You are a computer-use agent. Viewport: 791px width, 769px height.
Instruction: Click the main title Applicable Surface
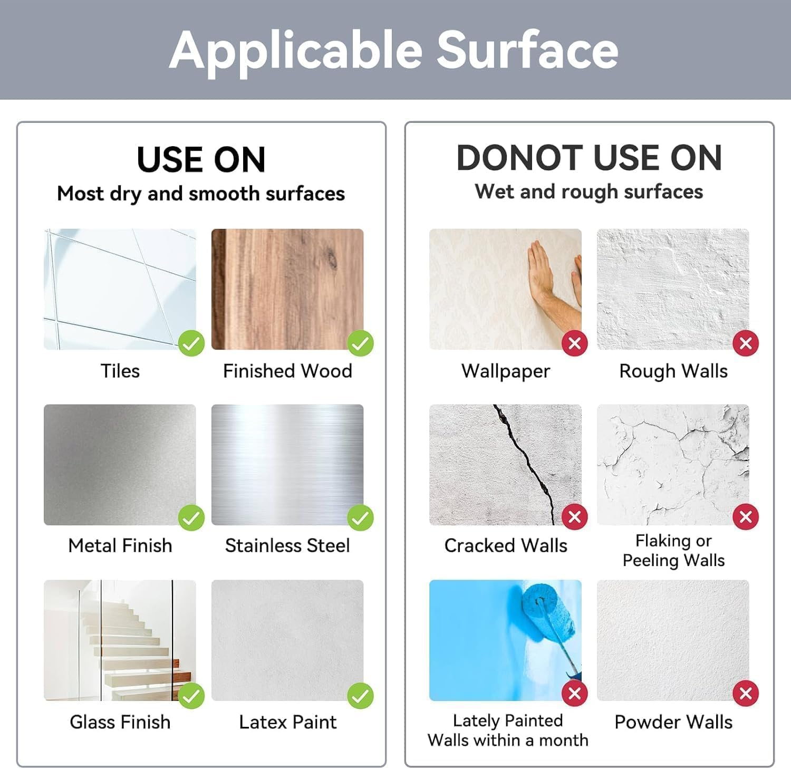pos(394,50)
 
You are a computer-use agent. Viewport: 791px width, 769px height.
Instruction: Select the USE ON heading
pos(201,159)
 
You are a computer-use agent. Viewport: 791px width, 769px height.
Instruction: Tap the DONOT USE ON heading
pos(589,158)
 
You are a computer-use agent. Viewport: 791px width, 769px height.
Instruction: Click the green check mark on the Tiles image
pos(191,343)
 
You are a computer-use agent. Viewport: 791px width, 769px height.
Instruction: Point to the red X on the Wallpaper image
pos(575,343)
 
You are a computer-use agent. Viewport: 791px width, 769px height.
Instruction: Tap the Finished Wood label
pos(287,371)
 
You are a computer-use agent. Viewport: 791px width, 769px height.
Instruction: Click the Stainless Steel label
pos(287,545)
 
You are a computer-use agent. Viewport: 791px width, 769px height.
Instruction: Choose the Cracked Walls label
pos(506,545)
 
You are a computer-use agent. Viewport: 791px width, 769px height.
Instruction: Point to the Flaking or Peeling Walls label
pos(673,551)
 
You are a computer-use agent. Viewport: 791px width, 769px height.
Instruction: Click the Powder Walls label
pos(673,722)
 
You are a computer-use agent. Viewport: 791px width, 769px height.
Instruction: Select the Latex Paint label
pos(287,722)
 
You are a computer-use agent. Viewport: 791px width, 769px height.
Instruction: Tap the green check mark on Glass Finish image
pos(191,696)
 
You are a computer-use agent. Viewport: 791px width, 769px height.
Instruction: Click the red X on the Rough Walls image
pos(746,343)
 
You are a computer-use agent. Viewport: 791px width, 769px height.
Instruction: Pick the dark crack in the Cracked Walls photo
pos(527,459)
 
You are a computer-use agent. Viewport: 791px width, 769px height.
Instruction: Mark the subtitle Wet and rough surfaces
pos(589,192)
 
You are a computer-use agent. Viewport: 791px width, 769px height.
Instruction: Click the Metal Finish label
pos(120,545)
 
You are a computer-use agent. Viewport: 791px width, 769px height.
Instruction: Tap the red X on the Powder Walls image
pos(746,694)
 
